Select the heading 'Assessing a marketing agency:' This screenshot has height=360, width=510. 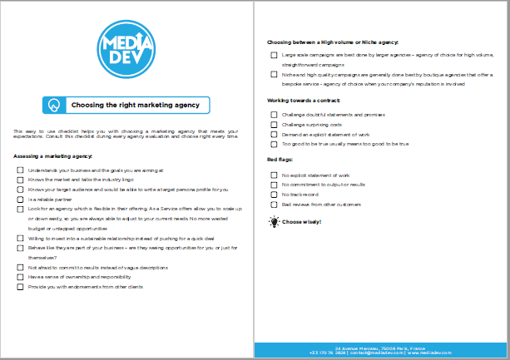[53, 156]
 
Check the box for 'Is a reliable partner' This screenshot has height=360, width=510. [21, 200]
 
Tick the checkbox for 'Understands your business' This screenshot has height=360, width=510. [21, 170]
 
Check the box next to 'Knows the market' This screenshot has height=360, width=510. [21, 180]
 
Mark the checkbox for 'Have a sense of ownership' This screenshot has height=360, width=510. [21, 277]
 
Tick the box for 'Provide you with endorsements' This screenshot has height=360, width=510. [21, 287]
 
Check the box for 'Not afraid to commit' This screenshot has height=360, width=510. [21, 268]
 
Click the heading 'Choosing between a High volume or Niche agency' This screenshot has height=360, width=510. [333, 42]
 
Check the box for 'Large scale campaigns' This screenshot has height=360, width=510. [274, 55]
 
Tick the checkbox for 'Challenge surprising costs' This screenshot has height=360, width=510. [274, 123]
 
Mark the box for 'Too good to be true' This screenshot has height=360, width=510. [274, 143]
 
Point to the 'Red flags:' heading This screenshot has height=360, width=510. [279, 159]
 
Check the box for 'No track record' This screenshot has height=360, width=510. [274, 195]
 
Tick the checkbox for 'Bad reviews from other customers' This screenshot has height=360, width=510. [274, 205]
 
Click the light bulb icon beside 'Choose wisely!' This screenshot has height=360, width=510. [274, 222]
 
